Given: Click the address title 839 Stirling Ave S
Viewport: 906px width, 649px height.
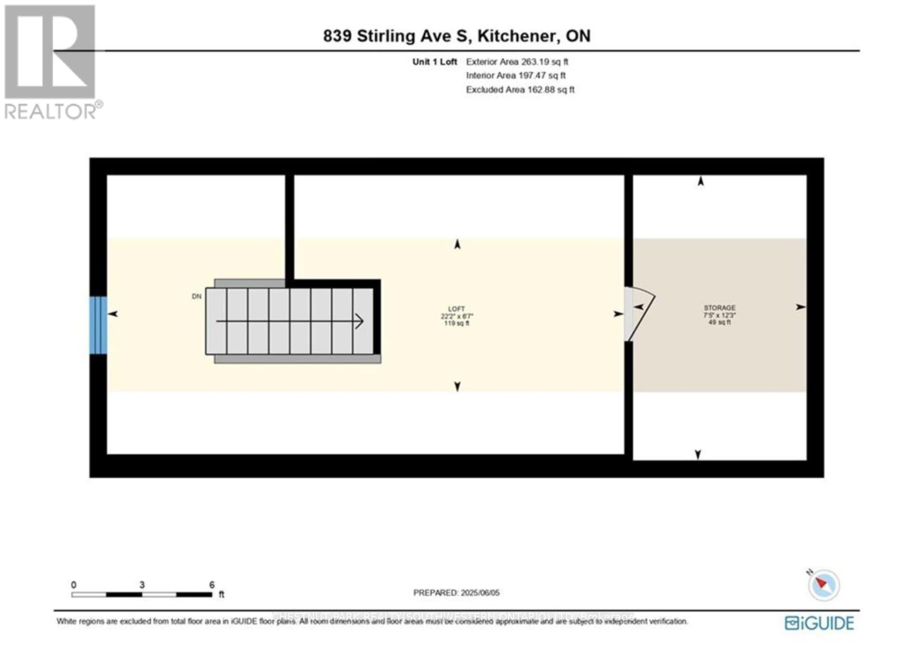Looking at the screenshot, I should coord(456,36).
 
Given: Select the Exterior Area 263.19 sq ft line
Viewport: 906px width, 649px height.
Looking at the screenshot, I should coord(516,62).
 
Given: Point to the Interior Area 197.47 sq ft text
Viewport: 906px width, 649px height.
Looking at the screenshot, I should coord(515,75).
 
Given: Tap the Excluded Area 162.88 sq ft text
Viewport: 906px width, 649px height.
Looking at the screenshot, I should coord(520,89).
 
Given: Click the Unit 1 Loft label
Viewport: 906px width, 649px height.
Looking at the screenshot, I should coord(434,62).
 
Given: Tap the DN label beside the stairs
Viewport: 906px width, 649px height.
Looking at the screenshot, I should coord(196,296).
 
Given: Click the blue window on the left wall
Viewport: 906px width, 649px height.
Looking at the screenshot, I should coord(98,325).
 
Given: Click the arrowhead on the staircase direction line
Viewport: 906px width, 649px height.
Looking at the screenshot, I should coord(359,321).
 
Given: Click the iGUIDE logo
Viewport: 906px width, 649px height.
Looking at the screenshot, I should coord(819,623).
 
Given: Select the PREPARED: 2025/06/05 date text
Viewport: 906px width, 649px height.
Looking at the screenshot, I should coord(456,592).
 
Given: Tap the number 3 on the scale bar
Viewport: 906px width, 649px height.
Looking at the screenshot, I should coord(142,584).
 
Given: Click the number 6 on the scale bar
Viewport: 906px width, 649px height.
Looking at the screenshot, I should coord(212,584).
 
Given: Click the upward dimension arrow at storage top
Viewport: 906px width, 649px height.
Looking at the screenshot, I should coord(700,181).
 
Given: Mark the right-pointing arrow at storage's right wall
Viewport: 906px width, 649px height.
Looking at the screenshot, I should coord(800,307).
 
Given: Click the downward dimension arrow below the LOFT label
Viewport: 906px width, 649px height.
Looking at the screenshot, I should coord(457,386).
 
